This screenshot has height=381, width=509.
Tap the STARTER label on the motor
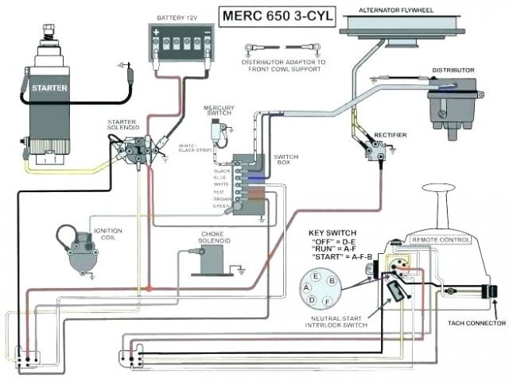coord(50,88)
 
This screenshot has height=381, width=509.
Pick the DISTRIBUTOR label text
coord(453,71)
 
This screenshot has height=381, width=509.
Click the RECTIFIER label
coord(389,136)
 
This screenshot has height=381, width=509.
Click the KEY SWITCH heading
coord(332,233)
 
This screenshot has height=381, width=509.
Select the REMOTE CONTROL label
coord(437,237)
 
